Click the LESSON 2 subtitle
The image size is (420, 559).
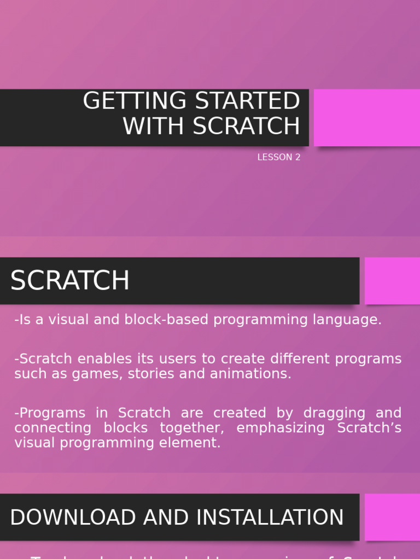279,157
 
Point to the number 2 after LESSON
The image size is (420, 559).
298,157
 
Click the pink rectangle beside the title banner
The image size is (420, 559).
366,117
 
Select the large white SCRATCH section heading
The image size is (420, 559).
70,281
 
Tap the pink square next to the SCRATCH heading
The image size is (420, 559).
392,281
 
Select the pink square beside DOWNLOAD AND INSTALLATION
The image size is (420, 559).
392,517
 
